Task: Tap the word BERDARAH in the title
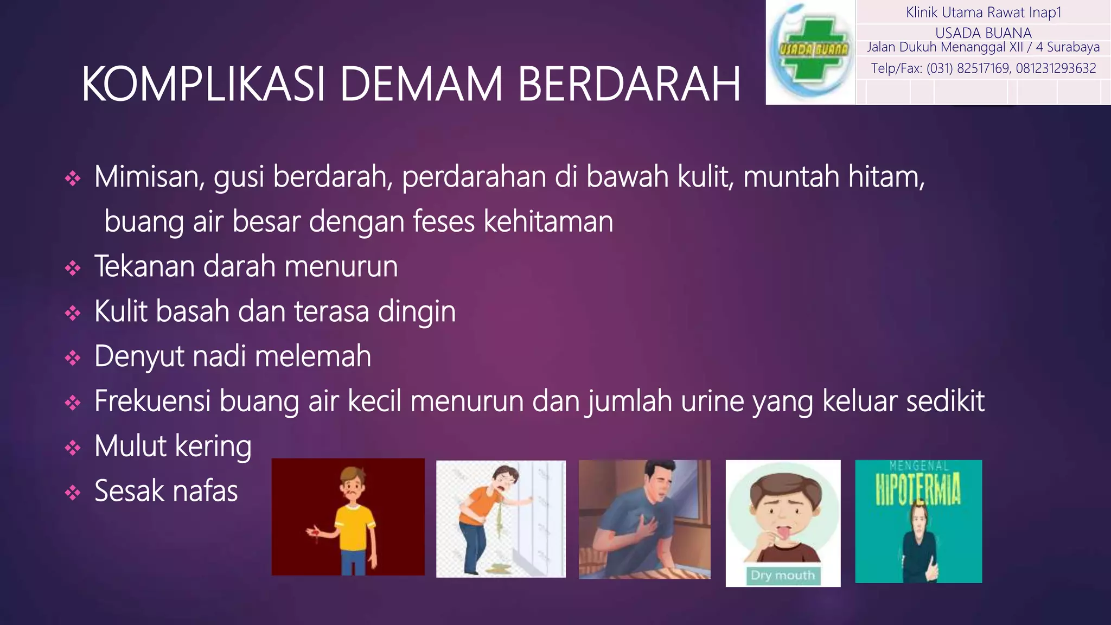pyautogui.click(x=629, y=84)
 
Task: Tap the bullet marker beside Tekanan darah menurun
pyautogui.click(x=73, y=268)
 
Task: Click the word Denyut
pyautogui.click(x=139, y=357)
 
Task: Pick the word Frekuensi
pyautogui.click(x=152, y=401)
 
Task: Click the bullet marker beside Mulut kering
pyautogui.click(x=73, y=448)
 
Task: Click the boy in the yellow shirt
pyautogui.click(x=354, y=521)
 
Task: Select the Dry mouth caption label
pyautogui.click(x=782, y=575)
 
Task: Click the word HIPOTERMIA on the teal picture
pyautogui.click(x=918, y=488)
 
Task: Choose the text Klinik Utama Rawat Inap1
pyautogui.click(x=983, y=12)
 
